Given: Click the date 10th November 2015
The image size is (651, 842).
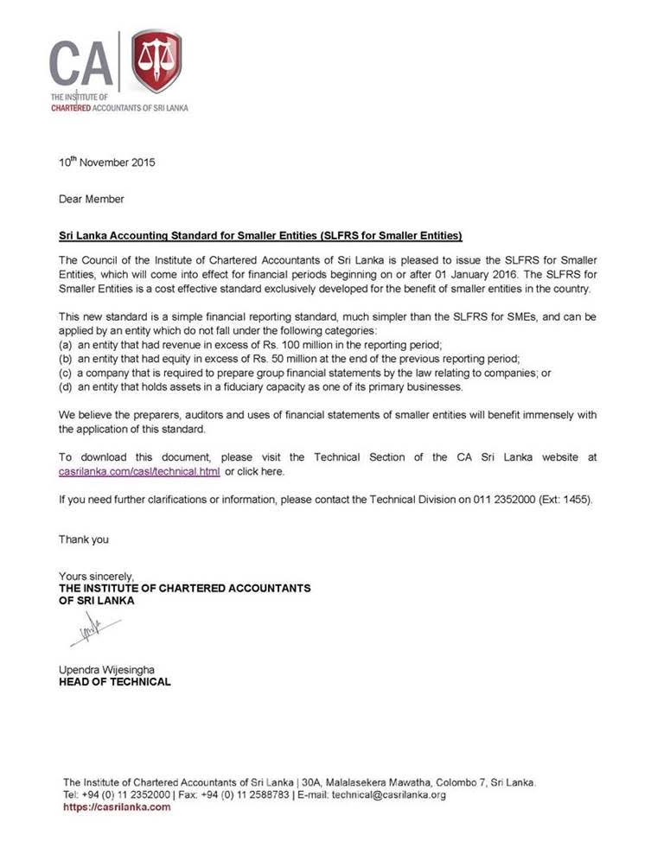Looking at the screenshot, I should [107, 162].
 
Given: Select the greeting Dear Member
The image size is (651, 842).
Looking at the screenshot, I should [91, 199].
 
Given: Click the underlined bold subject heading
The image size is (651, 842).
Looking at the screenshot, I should [260, 235].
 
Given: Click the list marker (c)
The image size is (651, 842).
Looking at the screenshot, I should [66, 373].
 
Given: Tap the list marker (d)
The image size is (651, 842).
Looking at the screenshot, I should [66, 387].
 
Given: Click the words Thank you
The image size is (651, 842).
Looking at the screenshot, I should [84, 539].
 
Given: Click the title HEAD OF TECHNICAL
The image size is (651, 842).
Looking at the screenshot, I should [114, 681].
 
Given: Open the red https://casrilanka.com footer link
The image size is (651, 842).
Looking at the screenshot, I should [117, 807].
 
